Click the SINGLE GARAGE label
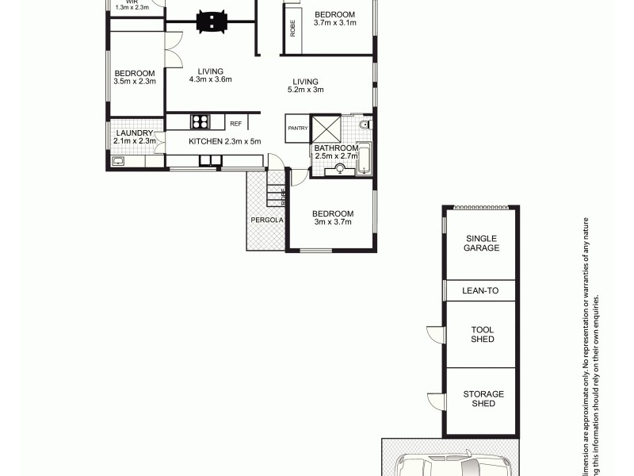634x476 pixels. pyautogui.click(x=482, y=243)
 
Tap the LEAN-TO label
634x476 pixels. pyautogui.click(x=481, y=291)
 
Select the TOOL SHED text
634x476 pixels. pyautogui.click(x=482, y=334)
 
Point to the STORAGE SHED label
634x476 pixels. pyautogui.click(x=483, y=398)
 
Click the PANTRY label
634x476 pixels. pyautogui.click(x=298, y=128)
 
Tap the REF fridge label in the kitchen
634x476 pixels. pyautogui.click(x=235, y=124)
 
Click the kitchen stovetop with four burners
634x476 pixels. pyautogui.click(x=199, y=122)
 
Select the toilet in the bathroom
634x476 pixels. pyautogui.click(x=364, y=125)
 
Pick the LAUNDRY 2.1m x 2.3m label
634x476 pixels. pyautogui.click(x=136, y=136)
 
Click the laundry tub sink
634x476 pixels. pyautogui.click(x=118, y=161)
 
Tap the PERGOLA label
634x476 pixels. pyautogui.click(x=265, y=220)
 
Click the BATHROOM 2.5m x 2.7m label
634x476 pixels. pyautogui.click(x=336, y=152)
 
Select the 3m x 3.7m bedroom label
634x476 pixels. pyautogui.click(x=332, y=217)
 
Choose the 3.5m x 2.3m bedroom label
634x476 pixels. pyautogui.click(x=134, y=76)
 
